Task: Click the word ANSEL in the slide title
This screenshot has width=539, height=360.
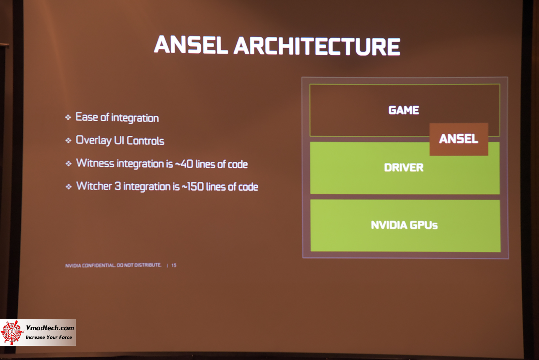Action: point(190,45)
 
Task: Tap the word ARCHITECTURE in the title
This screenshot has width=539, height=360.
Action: point(317,47)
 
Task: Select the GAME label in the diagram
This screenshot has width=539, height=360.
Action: point(404,110)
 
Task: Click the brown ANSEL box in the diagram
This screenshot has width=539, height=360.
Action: point(459,139)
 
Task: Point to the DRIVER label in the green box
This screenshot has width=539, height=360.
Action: point(404,167)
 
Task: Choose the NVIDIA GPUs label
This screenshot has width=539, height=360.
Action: point(404,225)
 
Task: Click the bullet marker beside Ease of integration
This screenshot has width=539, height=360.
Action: point(68,117)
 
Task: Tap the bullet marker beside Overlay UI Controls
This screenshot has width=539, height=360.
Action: point(68,140)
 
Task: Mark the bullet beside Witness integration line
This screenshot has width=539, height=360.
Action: point(68,164)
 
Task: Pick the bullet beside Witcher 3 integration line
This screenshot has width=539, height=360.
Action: point(69,187)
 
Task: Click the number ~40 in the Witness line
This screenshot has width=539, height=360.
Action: point(184,164)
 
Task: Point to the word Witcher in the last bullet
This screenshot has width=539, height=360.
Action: point(94,186)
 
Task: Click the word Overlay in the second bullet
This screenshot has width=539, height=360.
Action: point(93,140)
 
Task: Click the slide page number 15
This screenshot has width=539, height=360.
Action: point(174,265)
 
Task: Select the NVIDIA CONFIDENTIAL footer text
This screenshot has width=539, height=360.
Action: point(113,265)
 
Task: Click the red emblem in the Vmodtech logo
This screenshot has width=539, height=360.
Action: point(12,332)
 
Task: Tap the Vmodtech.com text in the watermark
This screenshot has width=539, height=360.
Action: point(50,328)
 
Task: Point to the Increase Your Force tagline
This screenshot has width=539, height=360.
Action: point(49,337)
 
